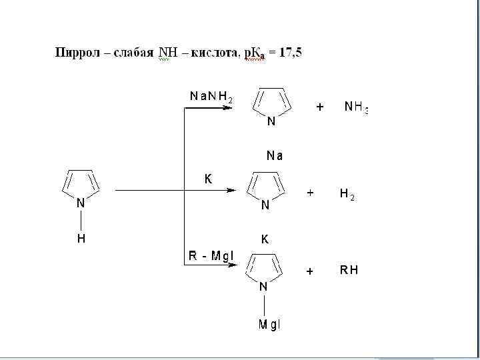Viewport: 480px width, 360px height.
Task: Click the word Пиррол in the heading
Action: coord(75,53)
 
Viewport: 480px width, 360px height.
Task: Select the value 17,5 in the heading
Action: coord(290,53)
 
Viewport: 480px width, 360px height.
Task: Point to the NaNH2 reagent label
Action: coord(211,97)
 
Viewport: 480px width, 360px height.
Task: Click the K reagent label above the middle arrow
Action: coord(208,179)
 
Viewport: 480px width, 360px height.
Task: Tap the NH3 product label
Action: coord(355,107)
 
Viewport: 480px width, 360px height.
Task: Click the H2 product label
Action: coord(347,194)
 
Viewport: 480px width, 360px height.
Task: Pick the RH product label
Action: coord(349,270)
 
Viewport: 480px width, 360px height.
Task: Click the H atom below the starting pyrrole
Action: coord(81,238)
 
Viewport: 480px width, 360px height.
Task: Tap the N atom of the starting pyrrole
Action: coord(81,203)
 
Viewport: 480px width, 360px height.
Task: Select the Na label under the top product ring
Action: coord(274,156)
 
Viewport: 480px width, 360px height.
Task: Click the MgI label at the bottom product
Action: coord(270,325)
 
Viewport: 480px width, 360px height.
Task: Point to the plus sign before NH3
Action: coord(320,107)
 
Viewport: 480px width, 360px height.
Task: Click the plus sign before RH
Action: coord(309,271)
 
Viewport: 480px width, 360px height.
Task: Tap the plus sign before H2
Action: coord(310,193)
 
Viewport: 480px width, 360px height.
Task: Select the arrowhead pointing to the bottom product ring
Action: coord(230,266)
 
